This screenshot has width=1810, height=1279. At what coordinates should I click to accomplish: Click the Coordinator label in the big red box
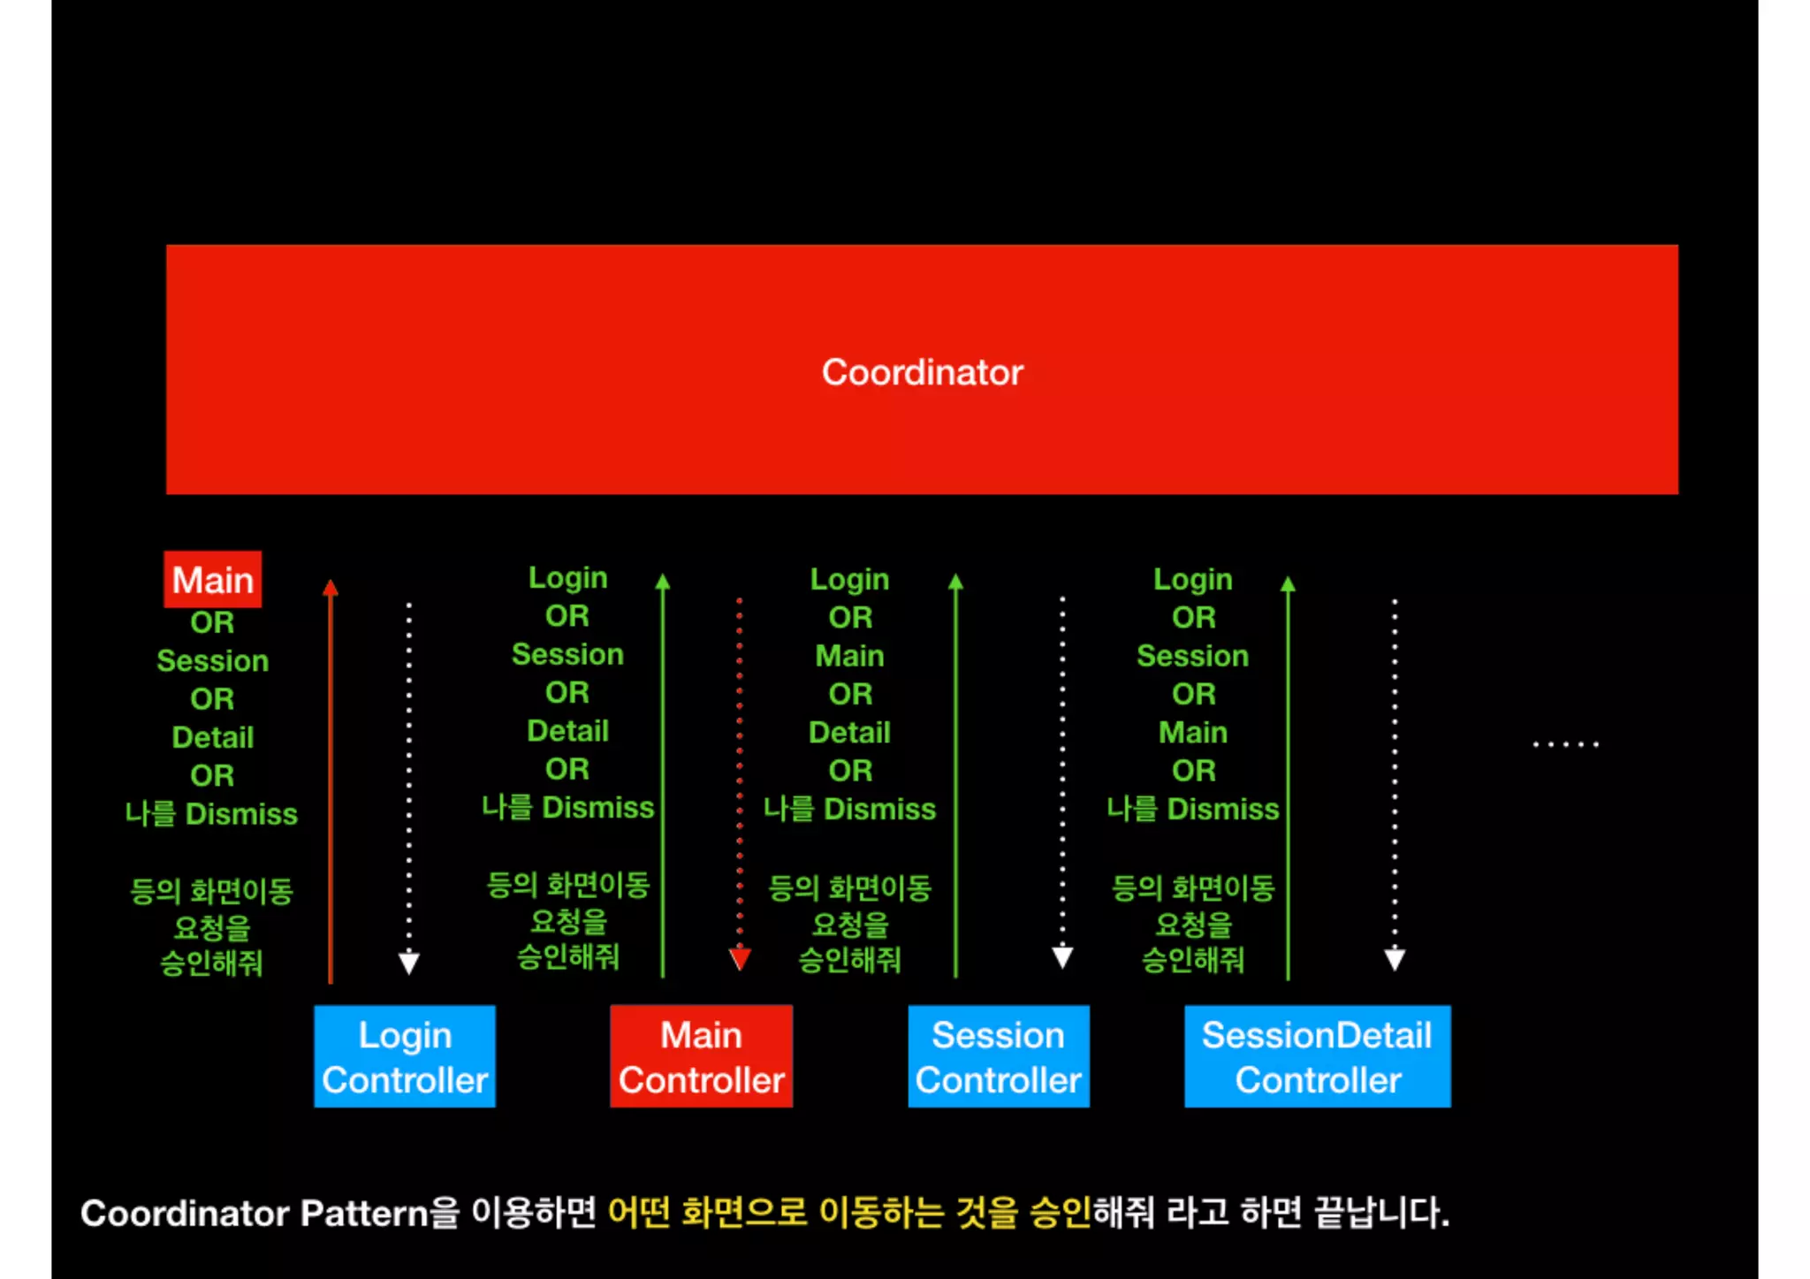coord(922,372)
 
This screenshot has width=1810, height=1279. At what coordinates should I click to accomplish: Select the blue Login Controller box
coord(405,1056)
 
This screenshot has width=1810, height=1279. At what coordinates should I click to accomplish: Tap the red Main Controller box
coord(701,1056)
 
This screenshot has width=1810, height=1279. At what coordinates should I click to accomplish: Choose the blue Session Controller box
coord(999,1056)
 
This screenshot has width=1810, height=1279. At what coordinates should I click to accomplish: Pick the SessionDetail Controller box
coord(1317,1056)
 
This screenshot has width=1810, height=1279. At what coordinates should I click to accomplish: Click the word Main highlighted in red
coord(213,580)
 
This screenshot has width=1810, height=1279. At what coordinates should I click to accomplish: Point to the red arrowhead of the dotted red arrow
coord(740,959)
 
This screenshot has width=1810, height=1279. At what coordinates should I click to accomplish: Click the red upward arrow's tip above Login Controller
coord(331,587)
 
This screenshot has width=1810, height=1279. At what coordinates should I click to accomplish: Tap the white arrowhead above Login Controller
coord(409,963)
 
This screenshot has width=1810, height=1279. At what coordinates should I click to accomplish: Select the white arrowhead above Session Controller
coord(1062,957)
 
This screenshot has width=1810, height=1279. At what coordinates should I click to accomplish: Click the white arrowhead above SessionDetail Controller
coord(1395,960)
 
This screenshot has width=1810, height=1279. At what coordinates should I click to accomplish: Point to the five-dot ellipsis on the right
coord(1565,744)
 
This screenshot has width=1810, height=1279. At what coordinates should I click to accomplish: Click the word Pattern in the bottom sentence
coord(364,1213)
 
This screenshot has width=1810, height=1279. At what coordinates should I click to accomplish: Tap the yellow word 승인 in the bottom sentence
coord(1061,1213)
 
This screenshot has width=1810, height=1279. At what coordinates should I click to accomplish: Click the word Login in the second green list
coord(567,577)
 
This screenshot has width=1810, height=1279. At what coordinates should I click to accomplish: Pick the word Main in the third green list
coord(849,656)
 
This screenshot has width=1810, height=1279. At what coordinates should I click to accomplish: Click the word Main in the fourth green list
coord(1192,733)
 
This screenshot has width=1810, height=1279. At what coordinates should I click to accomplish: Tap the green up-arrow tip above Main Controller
coord(663,581)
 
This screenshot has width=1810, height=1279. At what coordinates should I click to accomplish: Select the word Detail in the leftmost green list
coord(212,737)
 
